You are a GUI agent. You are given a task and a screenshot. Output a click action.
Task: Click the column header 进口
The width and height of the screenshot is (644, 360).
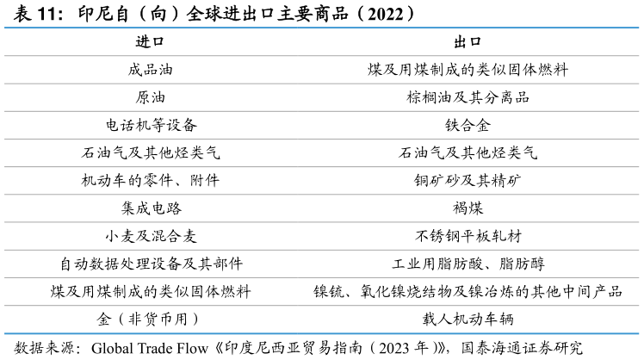point(150,41)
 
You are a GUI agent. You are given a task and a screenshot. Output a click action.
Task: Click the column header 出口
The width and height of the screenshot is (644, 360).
point(468,41)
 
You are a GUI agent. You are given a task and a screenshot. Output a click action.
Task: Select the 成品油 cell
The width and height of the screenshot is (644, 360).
point(150,70)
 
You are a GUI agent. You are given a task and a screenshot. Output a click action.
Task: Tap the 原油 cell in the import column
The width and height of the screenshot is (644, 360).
point(150,97)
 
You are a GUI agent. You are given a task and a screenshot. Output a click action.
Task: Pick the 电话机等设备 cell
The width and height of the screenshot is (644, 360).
point(152,125)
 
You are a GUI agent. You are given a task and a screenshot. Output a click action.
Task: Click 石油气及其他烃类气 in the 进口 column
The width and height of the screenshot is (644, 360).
point(151,153)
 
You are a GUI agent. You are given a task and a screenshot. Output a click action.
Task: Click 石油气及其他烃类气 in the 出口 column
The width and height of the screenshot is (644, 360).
point(468,153)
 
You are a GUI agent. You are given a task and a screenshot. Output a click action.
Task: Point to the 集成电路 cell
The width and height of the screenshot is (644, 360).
point(152,208)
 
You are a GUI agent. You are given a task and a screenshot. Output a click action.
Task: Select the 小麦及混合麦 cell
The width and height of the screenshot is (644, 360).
point(151,236)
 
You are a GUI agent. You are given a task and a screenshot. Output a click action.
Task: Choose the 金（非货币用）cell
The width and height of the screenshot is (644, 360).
point(148,319)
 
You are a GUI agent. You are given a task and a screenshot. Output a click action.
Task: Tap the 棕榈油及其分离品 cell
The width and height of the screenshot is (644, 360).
point(468,97)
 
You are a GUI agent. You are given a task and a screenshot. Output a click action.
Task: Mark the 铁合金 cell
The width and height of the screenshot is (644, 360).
point(468,125)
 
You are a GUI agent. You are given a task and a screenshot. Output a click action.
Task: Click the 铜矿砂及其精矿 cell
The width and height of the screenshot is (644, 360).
point(468,180)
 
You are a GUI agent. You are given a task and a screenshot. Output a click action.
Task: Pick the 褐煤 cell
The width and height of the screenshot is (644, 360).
point(468,208)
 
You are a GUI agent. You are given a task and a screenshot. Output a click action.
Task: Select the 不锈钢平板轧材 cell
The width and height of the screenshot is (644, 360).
point(468,236)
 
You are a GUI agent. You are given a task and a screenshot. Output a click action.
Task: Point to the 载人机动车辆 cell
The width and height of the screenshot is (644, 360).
point(468,319)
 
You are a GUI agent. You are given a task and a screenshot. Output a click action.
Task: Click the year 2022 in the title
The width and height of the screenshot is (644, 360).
point(385,15)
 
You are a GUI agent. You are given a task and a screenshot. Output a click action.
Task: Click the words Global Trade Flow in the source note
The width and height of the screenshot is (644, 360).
point(150,349)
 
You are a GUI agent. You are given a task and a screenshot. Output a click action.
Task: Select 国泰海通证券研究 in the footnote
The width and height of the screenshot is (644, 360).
point(522,348)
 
